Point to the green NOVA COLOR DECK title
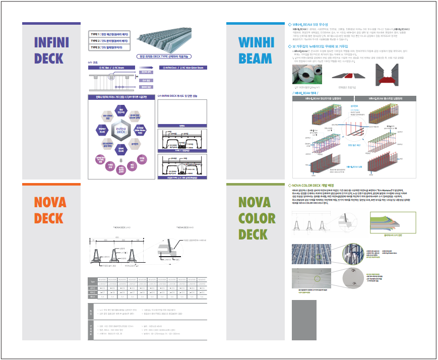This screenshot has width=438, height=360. pyautogui.click(x=257, y=218)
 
